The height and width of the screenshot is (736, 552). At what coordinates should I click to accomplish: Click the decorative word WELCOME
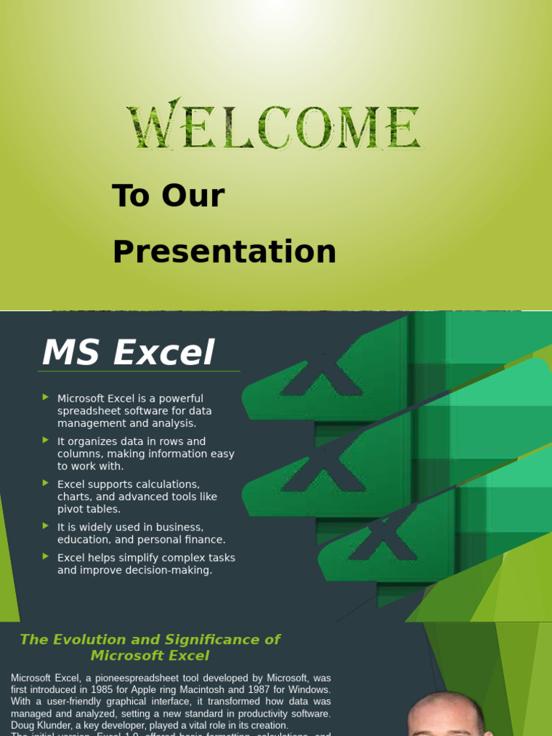[274, 127]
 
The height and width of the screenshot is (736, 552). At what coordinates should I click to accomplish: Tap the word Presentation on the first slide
[224, 252]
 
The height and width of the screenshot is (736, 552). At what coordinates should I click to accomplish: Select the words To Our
[168, 196]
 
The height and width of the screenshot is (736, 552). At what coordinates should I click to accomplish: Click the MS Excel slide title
[128, 353]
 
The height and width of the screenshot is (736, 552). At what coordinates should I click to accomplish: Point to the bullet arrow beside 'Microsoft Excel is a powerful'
[46, 397]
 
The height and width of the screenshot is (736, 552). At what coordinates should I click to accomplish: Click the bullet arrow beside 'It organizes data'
[46, 440]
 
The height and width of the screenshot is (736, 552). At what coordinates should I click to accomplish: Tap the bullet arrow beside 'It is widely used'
[46, 526]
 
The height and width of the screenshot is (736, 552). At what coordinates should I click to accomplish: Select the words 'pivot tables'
[88, 510]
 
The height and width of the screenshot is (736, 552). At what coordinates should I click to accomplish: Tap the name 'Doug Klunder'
[42, 726]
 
